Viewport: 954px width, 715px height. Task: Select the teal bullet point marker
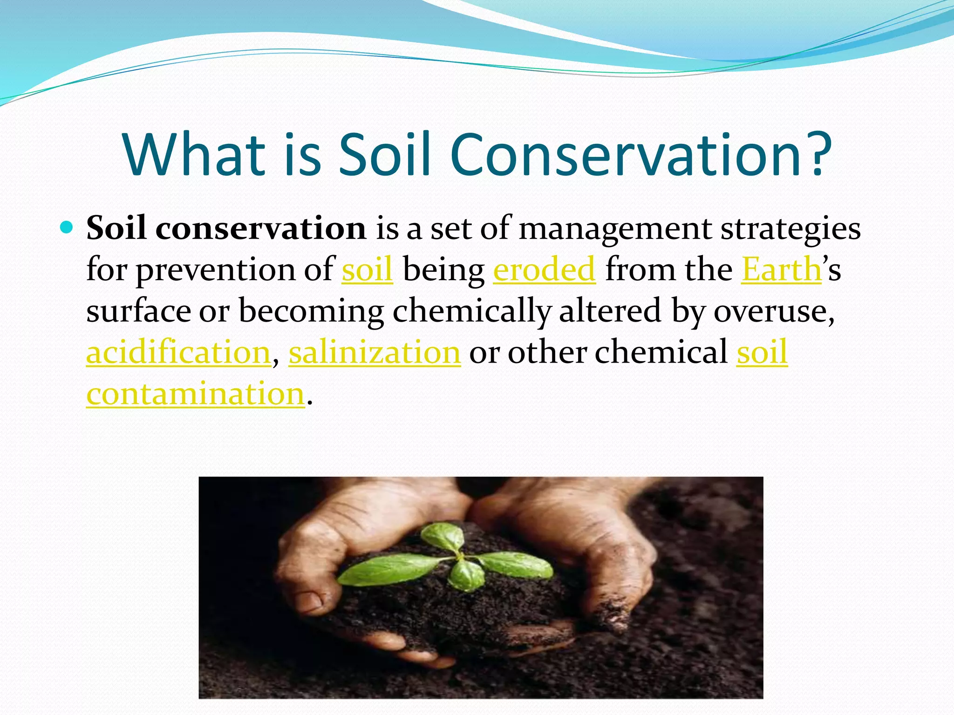pyautogui.click(x=67, y=228)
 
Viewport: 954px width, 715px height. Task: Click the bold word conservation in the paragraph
pyautogui.click(x=261, y=229)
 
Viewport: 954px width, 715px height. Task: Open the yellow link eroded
pyautogui.click(x=544, y=270)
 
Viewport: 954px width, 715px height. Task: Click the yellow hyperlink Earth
pyautogui.click(x=781, y=270)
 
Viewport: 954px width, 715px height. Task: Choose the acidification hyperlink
pyautogui.click(x=178, y=352)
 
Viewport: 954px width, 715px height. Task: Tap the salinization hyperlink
pyautogui.click(x=375, y=352)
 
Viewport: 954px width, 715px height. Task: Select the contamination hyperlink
pyautogui.click(x=196, y=394)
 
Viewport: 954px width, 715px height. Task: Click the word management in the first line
pyautogui.click(x=615, y=229)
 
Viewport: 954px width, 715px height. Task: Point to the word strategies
pyautogui.click(x=790, y=229)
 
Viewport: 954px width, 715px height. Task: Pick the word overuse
pyautogui.click(x=773, y=311)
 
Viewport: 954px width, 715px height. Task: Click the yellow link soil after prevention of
pyautogui.click(x=367, y=270)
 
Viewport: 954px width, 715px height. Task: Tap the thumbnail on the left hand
pyautogui.click(x=309, y=601)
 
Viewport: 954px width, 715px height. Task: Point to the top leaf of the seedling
pyautogui.click(x=443, y=535)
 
